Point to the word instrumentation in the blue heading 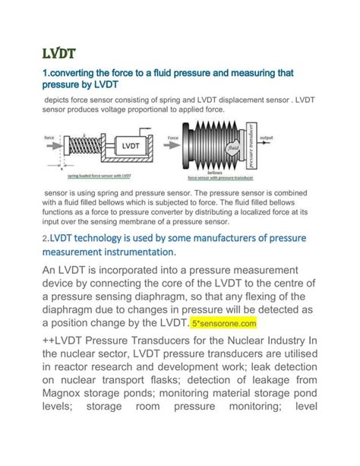tap(131, 252)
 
